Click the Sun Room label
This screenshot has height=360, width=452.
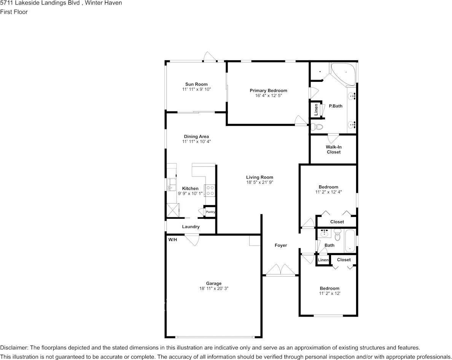coord(196,84)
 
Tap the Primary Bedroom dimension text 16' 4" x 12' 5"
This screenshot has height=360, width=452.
coord(268,96)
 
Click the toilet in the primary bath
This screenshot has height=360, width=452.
coord(317,127)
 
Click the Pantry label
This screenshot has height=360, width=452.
coord(210,212)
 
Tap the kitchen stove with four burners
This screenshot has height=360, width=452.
coord(210,190)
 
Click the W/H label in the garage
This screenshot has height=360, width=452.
coord(173,240)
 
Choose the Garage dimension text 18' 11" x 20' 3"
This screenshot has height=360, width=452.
coord(214,288)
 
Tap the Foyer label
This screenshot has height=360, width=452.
coord(281,245)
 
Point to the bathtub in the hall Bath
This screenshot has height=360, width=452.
coord(350,241)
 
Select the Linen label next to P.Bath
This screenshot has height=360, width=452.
coord(316,110)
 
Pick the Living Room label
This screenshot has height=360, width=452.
coord(259,177)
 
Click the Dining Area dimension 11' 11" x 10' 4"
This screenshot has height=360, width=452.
coord(196,142)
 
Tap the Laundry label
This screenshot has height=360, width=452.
coord(191,227)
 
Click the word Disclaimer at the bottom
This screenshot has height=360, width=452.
coord(14,348)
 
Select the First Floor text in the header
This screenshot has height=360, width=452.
coord(14,12)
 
